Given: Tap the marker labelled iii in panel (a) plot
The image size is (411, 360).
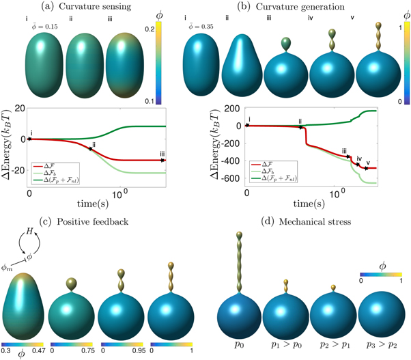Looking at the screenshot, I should (162, 160).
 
